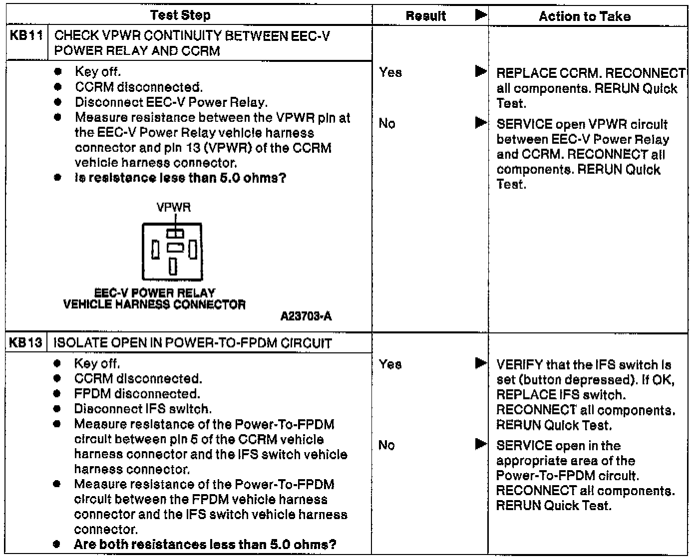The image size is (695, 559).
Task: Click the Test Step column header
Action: (x=180, y=15)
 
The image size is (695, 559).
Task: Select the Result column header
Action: (x=425, y=16)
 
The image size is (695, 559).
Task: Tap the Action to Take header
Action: (x=584, y=16)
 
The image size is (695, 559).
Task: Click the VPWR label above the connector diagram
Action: (x=173, y=207)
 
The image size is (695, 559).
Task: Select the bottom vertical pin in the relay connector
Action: (x=173, y=266)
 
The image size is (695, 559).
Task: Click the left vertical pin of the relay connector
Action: (x=156, y=250)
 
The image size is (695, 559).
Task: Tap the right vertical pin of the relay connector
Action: (x=192, y=250)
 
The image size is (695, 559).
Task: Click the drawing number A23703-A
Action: (x=306, y=316)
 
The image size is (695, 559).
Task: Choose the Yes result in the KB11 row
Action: (x=390, y=73)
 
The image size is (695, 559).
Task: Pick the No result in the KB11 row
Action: (x=387, y=123)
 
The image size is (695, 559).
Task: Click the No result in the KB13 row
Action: (x=386, y=445)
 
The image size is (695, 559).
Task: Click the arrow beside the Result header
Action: (x=481, y=15)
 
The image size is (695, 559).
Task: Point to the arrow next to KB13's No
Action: (x=481, y=444)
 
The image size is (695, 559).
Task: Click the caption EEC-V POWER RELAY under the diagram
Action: (x=155, y=293)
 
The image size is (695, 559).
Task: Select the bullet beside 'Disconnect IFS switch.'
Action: (x=58, y=409)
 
